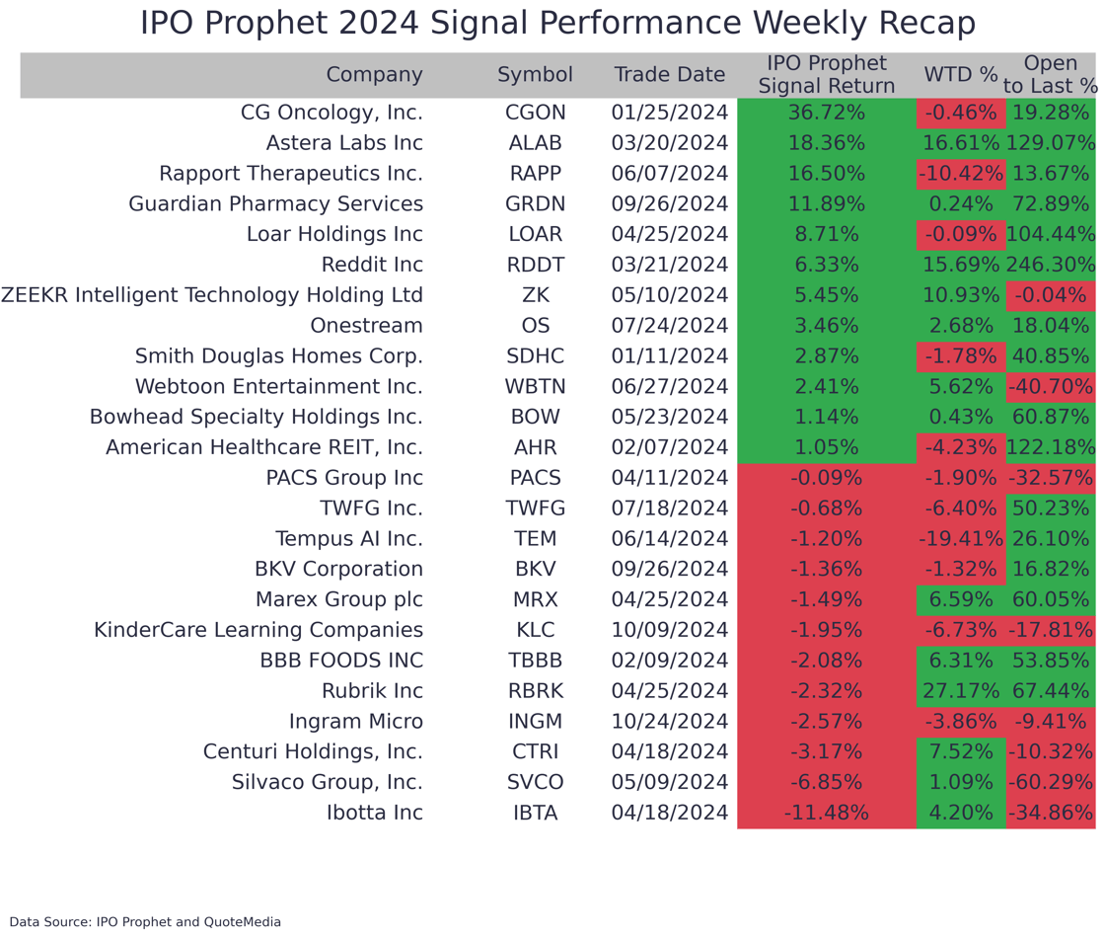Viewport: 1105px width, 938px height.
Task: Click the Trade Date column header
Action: (x=669, y=75)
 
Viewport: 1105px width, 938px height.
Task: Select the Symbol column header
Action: (x=535, y=75)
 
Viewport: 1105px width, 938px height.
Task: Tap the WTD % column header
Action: (x=960, y=75)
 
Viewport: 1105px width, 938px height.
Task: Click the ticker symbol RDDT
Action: (x=535, y=265)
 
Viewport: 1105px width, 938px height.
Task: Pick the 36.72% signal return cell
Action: (x=826, y=113)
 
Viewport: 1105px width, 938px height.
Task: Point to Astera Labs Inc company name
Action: (x=344, y=143)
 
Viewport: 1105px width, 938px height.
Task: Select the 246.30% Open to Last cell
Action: (x=1051, y=265)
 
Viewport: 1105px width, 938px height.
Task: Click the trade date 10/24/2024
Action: (x=669, y=722)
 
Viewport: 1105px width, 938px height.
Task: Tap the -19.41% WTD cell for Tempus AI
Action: (x=960, y=539)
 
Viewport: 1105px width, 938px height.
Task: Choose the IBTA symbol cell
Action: (x=535, y=814)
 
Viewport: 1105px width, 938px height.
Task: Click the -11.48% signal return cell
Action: (x=826, y=814)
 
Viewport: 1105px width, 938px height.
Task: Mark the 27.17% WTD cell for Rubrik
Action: (x=960, y=691)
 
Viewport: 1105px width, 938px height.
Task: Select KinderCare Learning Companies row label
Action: (x=258, y=630)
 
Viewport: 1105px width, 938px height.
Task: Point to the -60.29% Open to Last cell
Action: (x=1051, y=783)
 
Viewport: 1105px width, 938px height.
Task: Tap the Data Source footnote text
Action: (x=145, y=922)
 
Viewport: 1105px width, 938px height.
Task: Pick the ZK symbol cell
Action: (x=535, y=295)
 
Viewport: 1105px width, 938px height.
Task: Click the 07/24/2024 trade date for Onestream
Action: (x=669, y=326)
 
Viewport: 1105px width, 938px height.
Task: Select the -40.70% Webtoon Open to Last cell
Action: (x=1051, y=387)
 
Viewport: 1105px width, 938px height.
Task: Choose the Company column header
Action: (x=374, y=75)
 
